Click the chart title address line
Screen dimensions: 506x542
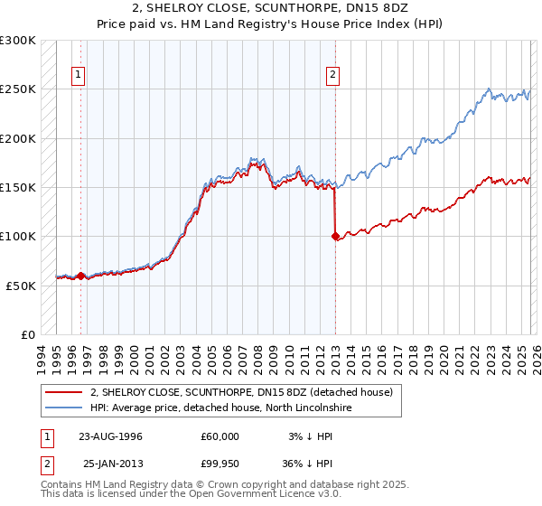(270, 8)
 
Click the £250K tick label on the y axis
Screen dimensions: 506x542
(18, 89)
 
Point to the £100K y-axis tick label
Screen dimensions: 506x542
(18, 237)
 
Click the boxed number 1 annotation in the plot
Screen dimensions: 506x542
(79, 75)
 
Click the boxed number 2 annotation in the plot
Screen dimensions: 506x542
(333, 75)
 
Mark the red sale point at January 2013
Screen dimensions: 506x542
(335, 237)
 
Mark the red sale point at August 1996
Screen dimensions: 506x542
(81, 276)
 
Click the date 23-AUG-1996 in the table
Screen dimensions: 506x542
(110, 436)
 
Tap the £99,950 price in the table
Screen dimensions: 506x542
(220, 464)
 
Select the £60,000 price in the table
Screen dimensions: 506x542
(220, 436)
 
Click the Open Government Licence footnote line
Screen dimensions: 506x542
(191, 495)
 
